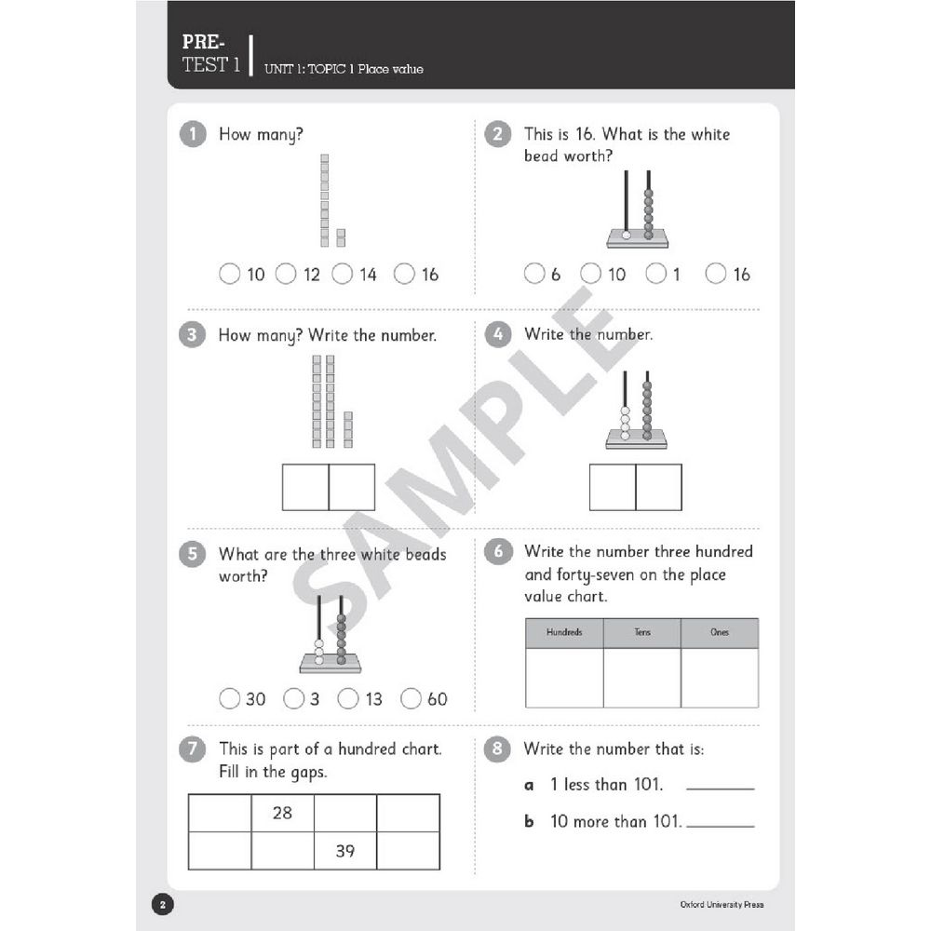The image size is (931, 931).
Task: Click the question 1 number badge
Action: point(192,135)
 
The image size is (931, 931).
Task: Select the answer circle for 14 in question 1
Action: point(342,274)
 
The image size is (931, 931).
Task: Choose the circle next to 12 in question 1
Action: point(286,274)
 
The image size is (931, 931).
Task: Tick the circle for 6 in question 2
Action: point(533,274)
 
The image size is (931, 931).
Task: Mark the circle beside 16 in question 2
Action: point(715,274)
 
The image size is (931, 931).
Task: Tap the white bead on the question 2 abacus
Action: point(626,236)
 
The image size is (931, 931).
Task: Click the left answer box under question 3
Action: point(305,487)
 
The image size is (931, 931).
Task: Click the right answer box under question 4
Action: point(658,487)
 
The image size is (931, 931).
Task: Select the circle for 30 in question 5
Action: point(229,698)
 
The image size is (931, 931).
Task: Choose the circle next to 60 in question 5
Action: point(411,698)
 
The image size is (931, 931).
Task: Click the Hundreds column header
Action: point(564,633)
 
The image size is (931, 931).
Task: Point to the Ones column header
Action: point(720,633)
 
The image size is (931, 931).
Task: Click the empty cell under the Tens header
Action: point(641,678)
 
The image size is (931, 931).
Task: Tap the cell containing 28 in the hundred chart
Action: point(282,813)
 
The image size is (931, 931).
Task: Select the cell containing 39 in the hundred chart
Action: point(344,851)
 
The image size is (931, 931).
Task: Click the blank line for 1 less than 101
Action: point(720,788)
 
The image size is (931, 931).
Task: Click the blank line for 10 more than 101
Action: point(720,825)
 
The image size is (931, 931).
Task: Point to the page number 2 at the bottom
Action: point(161,904)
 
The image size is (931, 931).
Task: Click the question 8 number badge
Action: point(498,749)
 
